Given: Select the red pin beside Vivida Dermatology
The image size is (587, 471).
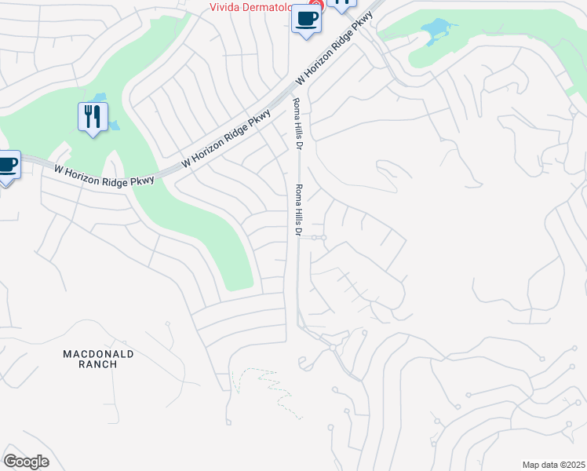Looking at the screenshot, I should (314, 4).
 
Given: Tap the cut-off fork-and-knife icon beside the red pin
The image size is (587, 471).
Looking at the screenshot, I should (342, 3).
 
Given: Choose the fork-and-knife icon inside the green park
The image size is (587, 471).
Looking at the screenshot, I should (93, 117).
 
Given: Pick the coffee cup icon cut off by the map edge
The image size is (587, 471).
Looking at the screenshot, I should (6, 166).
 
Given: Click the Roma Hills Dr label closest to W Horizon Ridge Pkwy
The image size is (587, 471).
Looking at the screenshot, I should (297, 124).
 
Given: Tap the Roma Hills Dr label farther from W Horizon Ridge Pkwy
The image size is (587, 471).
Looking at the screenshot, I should (298, 210).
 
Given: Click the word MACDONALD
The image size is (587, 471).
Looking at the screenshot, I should (98, 354).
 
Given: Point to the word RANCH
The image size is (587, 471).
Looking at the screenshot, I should (98, 364).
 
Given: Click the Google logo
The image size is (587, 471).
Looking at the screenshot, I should (26, 462).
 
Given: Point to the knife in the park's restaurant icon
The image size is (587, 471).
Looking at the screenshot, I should (97, 116).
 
